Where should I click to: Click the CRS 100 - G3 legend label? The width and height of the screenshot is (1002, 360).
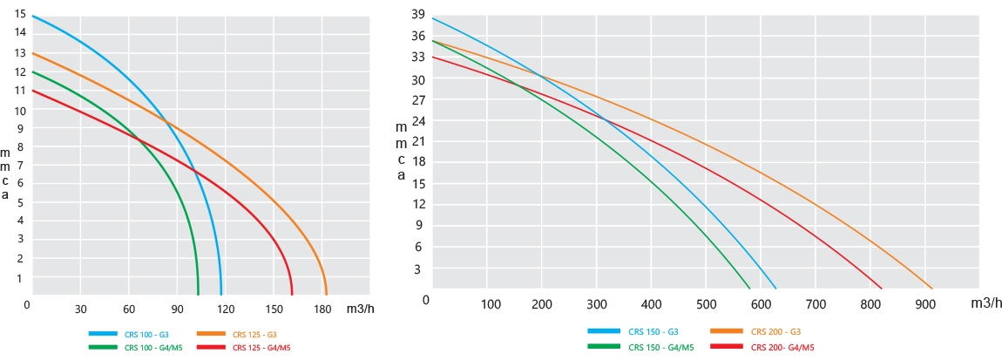(x=143, y=334)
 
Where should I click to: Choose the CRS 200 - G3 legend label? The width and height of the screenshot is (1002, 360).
(x=776, y=331)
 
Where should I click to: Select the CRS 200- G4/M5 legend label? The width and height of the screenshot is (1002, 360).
(x=782, y=347)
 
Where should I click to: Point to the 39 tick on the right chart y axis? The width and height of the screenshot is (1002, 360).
(x=417, y=15)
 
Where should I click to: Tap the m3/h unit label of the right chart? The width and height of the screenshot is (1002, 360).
(x=985, y=302)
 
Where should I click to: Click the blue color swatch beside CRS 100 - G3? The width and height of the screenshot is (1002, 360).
(x=105, y=334)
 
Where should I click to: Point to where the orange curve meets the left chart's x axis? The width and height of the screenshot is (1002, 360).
(x=326, y=295)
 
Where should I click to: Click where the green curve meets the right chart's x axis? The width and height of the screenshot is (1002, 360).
(x=749, y=288)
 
